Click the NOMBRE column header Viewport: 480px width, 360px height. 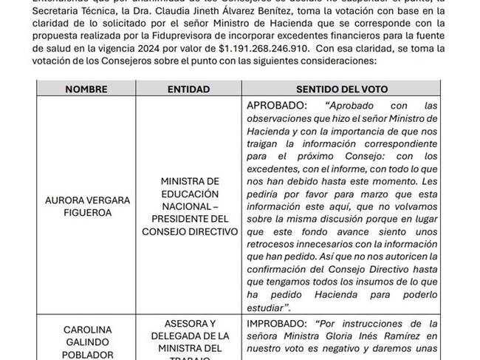click(86, 89)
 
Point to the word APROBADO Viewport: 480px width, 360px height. click(275, 106)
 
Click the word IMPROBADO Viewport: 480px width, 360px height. click(278, 323)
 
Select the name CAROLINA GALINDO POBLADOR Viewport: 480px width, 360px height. click(86, 341)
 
